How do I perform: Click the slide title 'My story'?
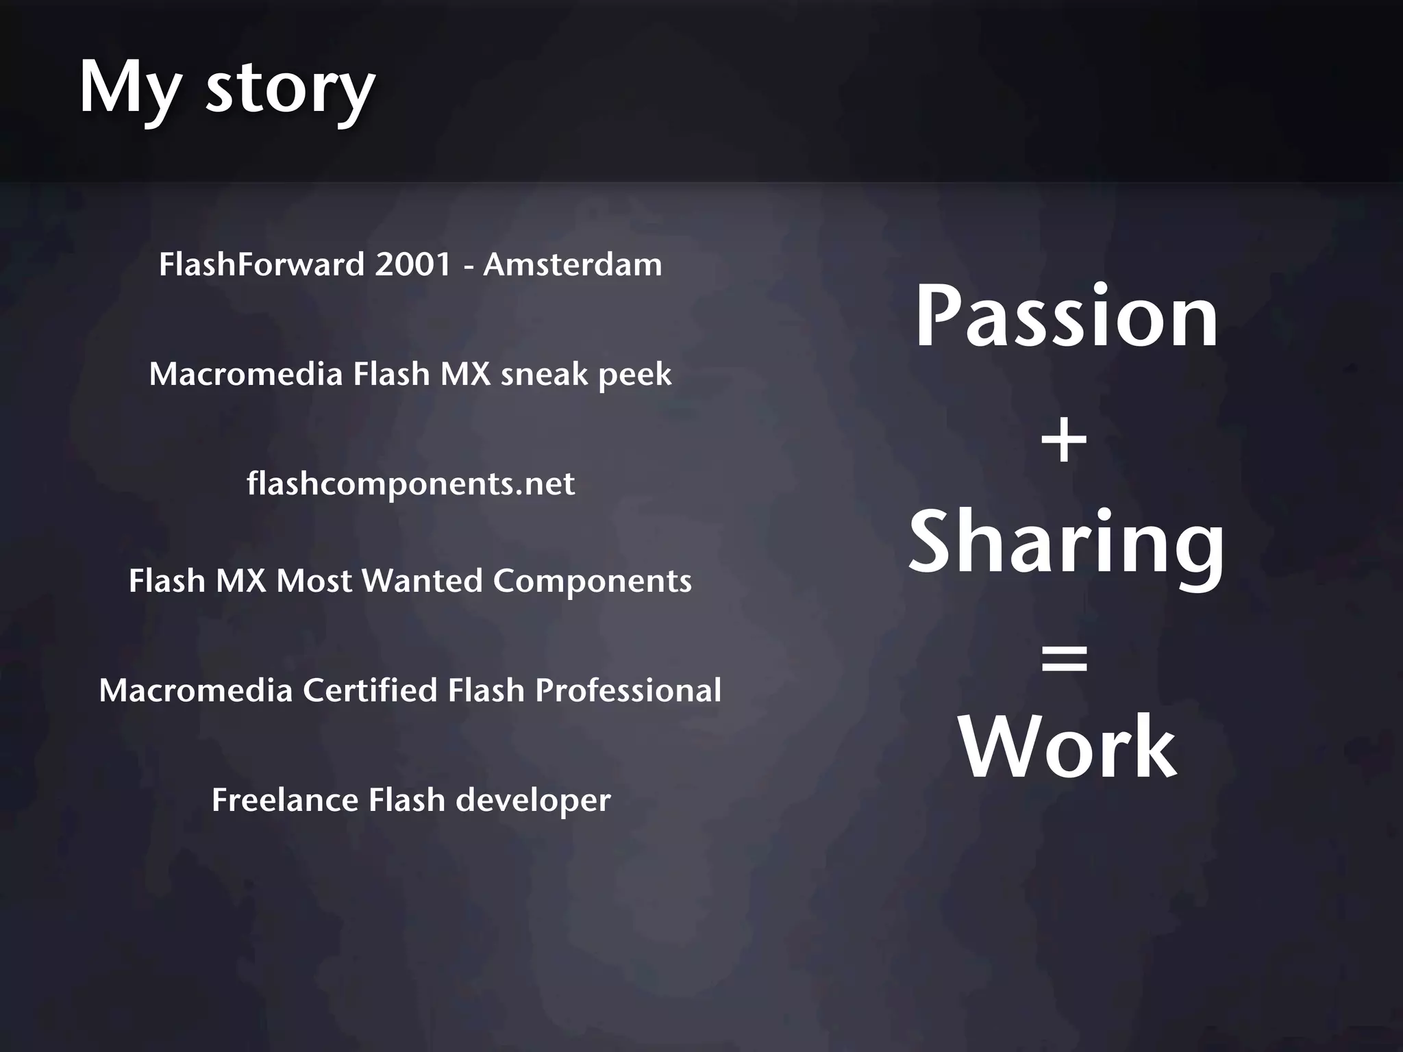[x=227, y=88]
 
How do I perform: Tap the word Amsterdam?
[x=573, y=264]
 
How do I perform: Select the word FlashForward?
[x=262, y=264]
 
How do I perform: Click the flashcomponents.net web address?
[x=410, y=484]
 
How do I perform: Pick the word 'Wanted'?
[x=422, y=581]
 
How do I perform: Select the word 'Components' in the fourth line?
[x=592, y=581]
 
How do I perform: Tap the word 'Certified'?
[x=370, y=690]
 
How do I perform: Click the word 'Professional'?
[x=628, y=690]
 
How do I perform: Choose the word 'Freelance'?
[x=285, y=800]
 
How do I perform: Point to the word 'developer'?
[x=533, y=801]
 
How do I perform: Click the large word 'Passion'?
[x=1067, y=317]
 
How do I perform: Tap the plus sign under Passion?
[x=1064, y=442]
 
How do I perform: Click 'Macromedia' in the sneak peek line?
[x=246, y=375]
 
